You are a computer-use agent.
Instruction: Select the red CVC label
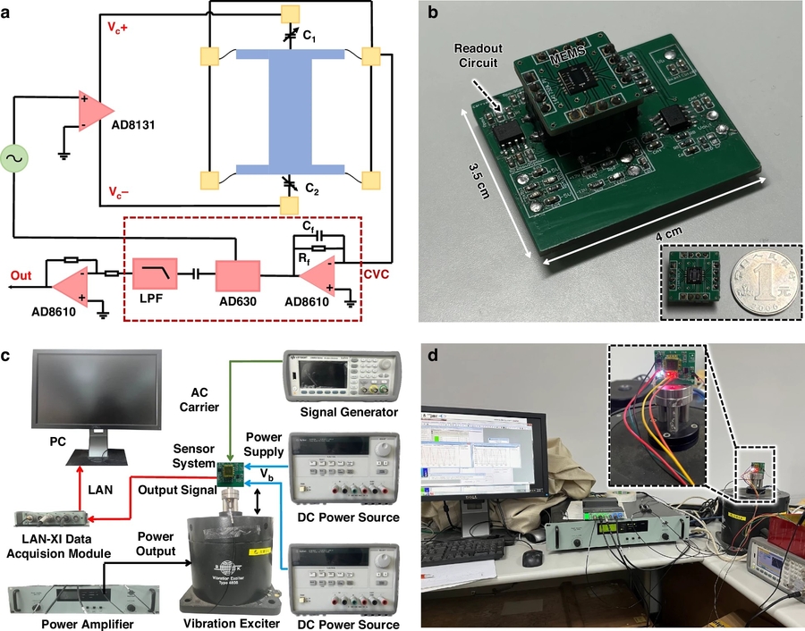tap(376, 265)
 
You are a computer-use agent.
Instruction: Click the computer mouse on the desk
tap(531, 558)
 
